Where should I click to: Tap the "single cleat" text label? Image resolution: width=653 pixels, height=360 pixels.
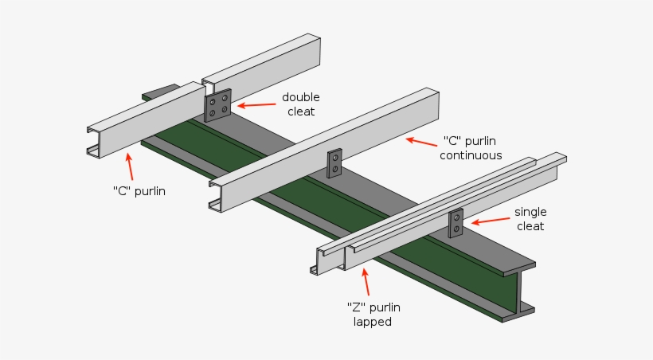pos(530,219)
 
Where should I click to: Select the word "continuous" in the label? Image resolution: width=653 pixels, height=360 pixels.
pos(471,155)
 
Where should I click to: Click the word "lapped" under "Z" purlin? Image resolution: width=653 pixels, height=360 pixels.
pos(373,322)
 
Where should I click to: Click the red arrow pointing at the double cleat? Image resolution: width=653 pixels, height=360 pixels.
pos(255,104)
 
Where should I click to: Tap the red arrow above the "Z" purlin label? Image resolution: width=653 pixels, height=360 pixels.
pos(366,282)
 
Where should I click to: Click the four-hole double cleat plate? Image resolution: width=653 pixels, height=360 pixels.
pos(218,105)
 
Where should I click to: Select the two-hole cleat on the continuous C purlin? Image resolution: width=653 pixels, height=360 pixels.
pos(335,162)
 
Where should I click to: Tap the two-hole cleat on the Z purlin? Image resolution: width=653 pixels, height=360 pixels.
pos(456,223)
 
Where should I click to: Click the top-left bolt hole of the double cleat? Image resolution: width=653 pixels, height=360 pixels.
pos(213,101)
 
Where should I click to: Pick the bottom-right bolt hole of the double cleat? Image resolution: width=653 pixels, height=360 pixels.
pos(225,109)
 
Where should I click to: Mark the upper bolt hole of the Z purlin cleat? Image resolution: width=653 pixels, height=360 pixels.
pos(456,217)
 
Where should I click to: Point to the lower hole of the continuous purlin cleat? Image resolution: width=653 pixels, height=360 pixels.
pos(335,169)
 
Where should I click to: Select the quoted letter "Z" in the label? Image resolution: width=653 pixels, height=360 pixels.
pos(354,307)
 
